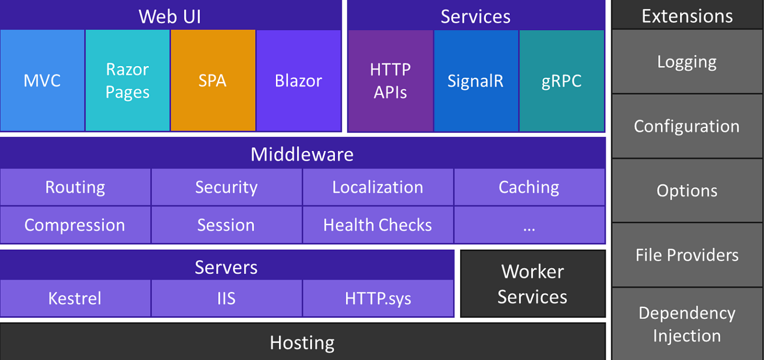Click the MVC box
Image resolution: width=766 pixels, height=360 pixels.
42,80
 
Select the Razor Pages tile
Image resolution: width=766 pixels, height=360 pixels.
127,80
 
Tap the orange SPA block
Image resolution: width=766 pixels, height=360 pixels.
213,80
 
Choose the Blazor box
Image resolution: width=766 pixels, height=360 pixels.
298,80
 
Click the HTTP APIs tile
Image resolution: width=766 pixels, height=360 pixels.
390,80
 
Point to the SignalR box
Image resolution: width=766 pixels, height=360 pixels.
475,80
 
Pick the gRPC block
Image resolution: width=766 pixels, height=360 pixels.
561,80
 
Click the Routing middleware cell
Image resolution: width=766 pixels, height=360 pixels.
75,187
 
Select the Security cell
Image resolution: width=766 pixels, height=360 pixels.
226,187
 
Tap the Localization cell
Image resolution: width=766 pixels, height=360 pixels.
378,187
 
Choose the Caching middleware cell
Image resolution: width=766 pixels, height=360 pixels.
529,187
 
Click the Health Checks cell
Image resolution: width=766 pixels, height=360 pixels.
378,225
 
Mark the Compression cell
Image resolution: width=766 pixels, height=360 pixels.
75,225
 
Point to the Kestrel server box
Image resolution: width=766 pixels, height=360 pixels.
75,298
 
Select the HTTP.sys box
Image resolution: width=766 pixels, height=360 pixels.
378,298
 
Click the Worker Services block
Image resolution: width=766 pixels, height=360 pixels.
532,284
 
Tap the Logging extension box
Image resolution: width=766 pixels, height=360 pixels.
687,62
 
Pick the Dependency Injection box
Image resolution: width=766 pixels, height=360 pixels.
687,324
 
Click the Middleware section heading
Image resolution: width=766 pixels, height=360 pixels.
302,154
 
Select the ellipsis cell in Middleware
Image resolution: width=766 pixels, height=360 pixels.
529,225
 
